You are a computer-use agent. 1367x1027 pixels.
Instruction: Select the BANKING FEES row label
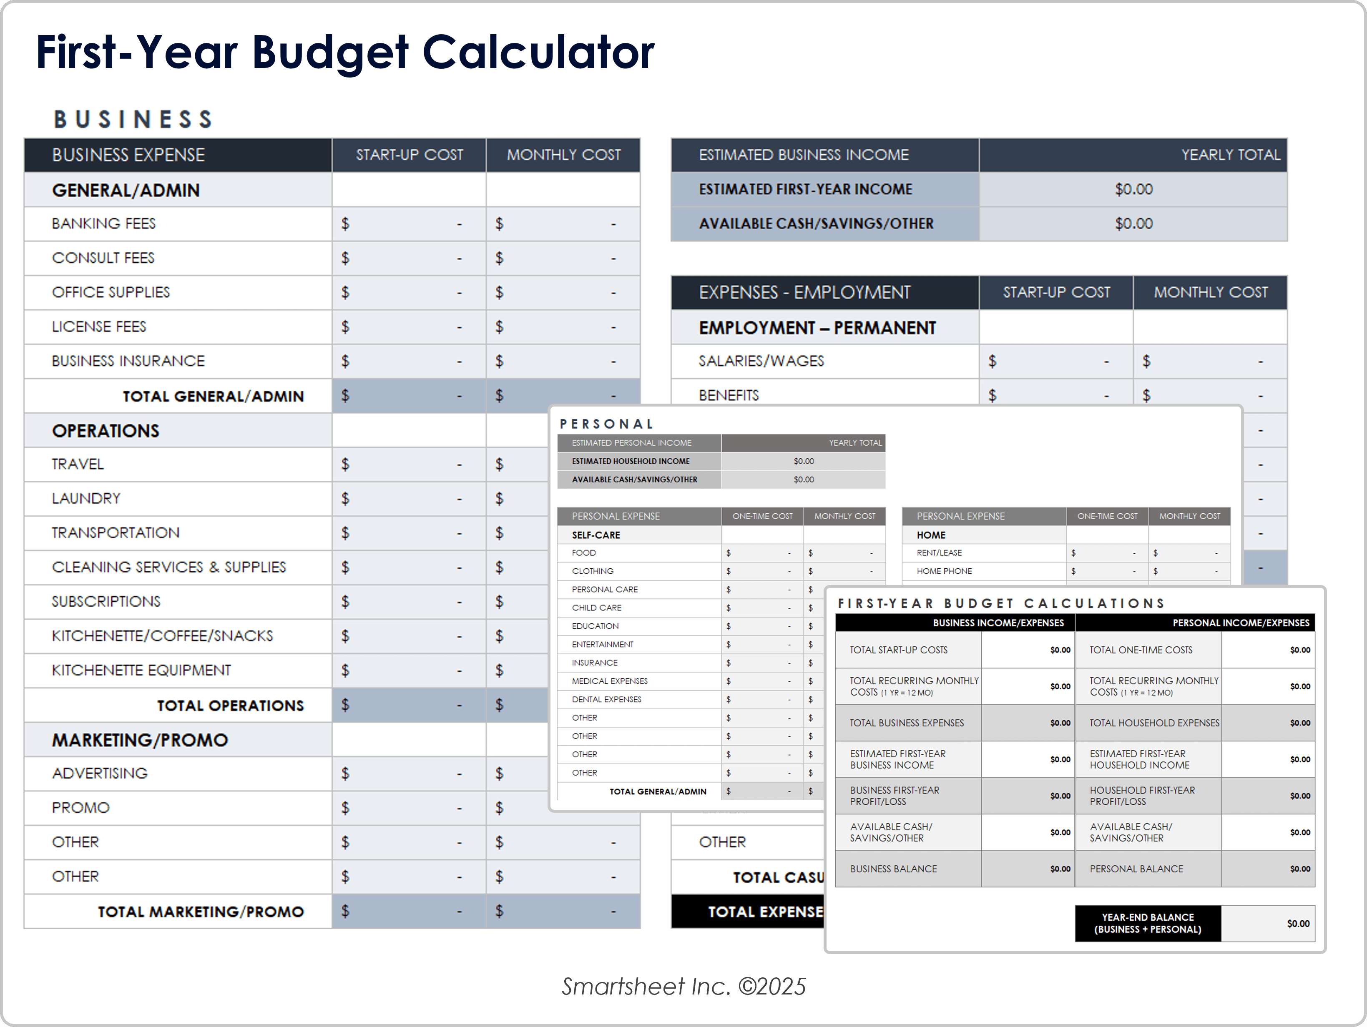[104, 223]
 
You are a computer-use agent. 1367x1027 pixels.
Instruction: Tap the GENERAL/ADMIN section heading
[126, 190]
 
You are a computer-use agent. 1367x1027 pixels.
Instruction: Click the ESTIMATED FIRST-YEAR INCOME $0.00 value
[1133, 189]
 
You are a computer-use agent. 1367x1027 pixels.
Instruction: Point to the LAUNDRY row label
[86, 499]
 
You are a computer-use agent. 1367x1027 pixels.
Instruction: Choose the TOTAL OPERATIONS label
[230, 706]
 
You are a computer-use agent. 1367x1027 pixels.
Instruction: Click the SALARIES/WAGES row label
[761, 361]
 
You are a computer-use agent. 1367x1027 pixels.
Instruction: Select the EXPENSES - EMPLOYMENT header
[804, 292]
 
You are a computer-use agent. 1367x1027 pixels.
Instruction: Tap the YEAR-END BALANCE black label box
[1148, 923]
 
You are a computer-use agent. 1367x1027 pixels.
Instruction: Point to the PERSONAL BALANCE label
[1136, 869]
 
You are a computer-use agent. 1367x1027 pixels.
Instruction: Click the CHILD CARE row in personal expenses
[597, 608]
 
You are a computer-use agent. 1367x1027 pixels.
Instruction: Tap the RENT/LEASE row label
[940, 553]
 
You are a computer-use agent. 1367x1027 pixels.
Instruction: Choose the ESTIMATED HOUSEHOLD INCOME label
[631, 461]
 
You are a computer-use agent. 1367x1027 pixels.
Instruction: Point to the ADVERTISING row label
[100, 773]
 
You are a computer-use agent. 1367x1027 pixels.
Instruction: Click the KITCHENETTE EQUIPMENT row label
[141, 670]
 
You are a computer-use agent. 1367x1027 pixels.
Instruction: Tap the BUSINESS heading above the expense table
[133, 119]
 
